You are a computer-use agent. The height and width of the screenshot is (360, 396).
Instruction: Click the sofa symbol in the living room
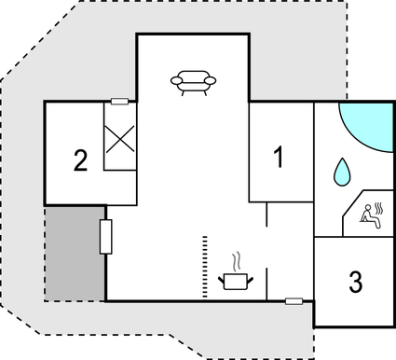tap(194, 82)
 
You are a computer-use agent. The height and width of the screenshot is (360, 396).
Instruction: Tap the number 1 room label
tap(278, 158)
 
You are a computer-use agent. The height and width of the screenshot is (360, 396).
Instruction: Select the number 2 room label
tap(81, 160)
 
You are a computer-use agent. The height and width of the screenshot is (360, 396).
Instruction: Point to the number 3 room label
tap(355, 282)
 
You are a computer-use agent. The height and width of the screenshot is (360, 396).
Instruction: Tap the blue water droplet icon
tap(341, 171)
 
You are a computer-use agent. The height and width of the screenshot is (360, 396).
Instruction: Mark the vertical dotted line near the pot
tap(203, 268)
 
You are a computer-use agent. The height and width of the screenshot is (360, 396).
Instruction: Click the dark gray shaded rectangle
tap(75, 253)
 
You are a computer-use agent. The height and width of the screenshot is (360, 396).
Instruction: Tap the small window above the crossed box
tap(119, 101)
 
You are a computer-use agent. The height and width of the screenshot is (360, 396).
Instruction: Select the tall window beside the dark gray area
tap(105, 237)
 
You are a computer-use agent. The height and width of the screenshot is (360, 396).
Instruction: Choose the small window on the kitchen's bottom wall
tap(294, 300)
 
